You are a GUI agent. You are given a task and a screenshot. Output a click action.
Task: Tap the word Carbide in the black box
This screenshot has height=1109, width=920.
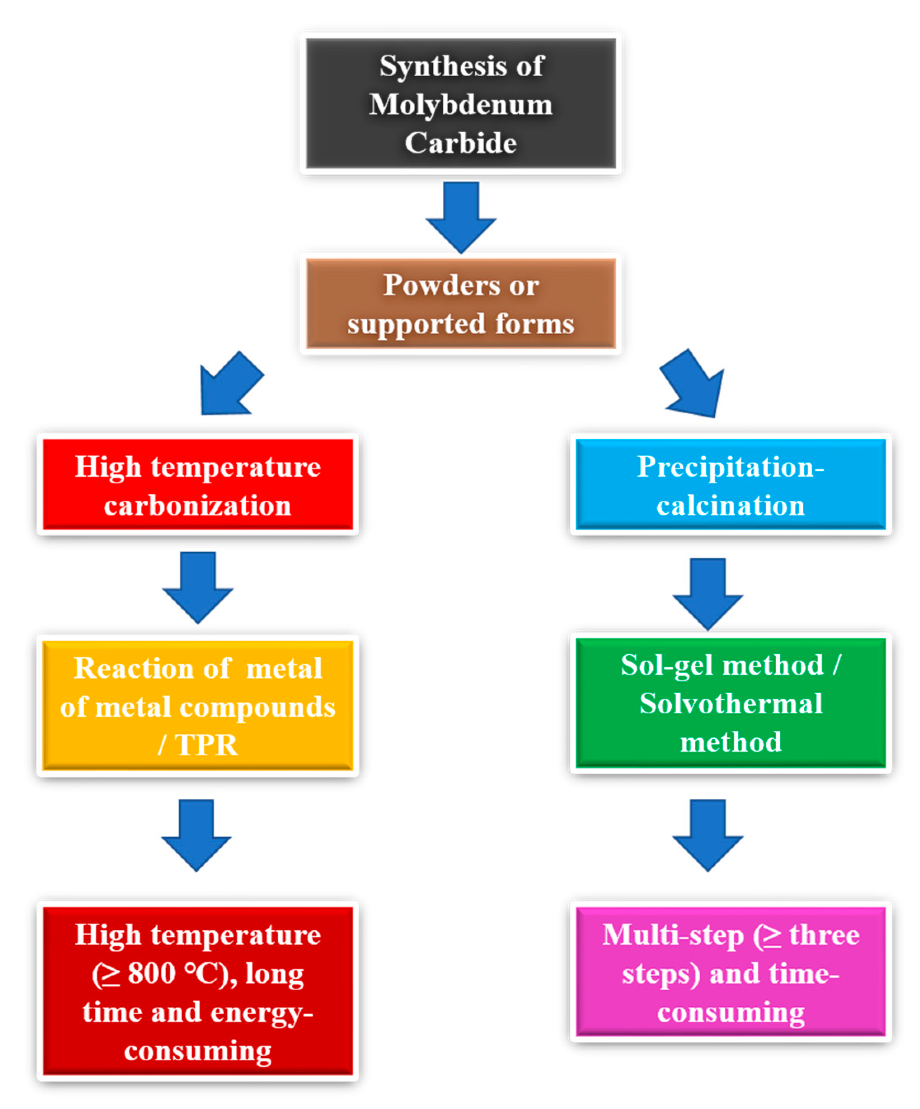point(460,143)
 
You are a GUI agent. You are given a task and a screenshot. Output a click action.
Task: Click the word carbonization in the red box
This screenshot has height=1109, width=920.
point(197,505)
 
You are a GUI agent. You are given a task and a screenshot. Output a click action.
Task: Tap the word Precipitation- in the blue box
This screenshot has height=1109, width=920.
point(730,467)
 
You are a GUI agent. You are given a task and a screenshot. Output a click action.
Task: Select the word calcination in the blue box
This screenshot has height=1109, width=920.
point(730,505)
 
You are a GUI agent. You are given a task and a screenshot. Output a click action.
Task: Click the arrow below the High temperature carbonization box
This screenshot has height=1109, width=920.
point(197,586)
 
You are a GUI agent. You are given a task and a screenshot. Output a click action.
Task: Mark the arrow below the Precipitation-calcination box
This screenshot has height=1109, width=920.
point(707,593)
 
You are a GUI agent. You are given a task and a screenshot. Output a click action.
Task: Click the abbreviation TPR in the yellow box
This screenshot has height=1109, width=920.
point(206,745)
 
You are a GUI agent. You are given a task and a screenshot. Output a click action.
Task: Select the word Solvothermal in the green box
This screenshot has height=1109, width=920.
point(730,703)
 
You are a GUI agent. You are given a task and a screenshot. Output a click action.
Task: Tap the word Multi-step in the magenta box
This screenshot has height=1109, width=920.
point(672,936)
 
